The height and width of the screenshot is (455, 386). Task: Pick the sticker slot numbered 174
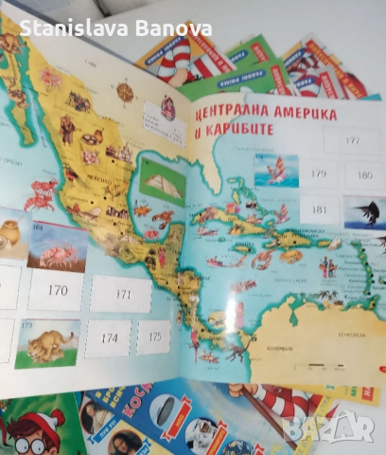[109, 337]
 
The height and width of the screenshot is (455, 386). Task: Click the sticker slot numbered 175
[153, 336]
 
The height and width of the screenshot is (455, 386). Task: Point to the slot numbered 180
[364, 176]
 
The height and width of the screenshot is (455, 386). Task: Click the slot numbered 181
[319, 209]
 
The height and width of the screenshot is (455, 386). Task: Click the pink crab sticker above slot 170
[58, 247]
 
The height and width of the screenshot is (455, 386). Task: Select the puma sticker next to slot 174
[46, 343]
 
